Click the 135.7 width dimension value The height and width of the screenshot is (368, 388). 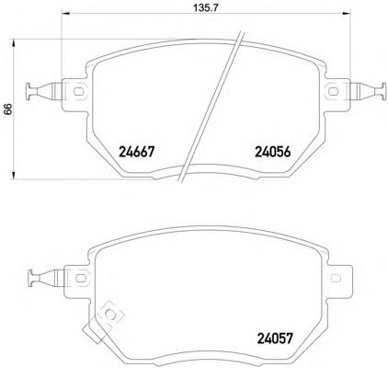pyautogui.click(x=205, y=8)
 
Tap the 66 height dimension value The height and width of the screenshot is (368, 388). pyautogui.click(x=7, y=109)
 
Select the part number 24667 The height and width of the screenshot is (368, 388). pyautogui.click(x=136, y=152)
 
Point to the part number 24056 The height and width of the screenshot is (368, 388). pyautogui.click(x=272, y=152)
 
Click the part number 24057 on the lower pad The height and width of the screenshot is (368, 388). pyautogui.click(x=275, y=339)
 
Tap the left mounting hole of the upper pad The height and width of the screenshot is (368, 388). pyautogui.click(x=78, y=91)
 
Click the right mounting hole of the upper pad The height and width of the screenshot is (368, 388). pyautogui.click(x=333, y=91)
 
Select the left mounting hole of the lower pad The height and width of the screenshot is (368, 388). pyautogui.click(x=81, y=278)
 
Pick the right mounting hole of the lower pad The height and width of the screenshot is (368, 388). pyautogui.click(x=336, y=278)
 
